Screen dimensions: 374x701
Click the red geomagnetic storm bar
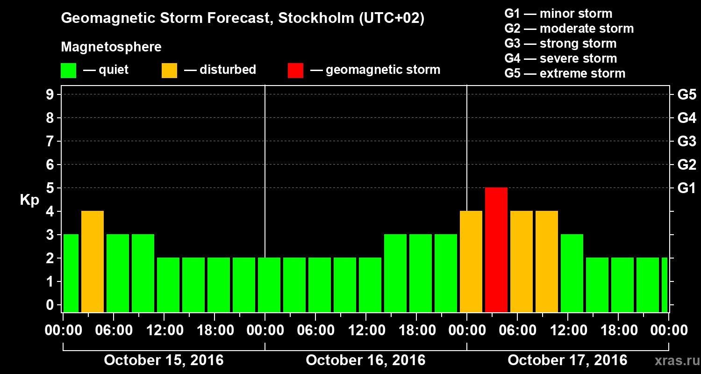(x=496, y=250)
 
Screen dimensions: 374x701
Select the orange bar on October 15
(x=93, y=261)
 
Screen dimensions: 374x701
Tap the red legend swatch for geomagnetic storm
(x=295, y=70)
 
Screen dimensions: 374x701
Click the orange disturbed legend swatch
(x=169, y=70)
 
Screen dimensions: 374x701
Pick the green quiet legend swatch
(x=68, y=70)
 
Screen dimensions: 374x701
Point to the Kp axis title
(x=29, y=200)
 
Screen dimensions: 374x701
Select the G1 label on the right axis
(x=687, y=188)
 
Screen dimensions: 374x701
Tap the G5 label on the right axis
(x=687, y=95)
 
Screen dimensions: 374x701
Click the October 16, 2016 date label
(x=365, y=360)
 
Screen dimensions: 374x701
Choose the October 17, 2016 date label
(x=567, y=360)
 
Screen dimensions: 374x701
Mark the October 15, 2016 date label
(x=164, y=360)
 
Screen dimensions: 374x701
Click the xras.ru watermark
(x=675, y=360)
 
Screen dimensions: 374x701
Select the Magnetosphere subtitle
(x=111, y=47)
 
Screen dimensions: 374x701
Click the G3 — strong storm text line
(x=560, y=43)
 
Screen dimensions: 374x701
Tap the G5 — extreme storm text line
(x=565, y=73)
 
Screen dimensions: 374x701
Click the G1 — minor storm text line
(x=558, y=14)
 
